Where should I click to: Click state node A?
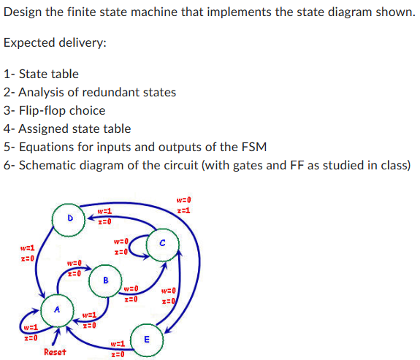pyautogui.click(x=57, y=309)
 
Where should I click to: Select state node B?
pyautogui.click(x=105, y=279)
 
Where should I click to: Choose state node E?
pyautogui.click(x=146, y=339)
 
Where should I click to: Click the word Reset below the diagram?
pyautogui.click(x=56, y=352)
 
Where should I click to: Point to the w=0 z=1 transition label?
pyautogui.click(x=183, y=204)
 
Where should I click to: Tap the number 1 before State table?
pyautogui.click(x=7, y=74)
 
